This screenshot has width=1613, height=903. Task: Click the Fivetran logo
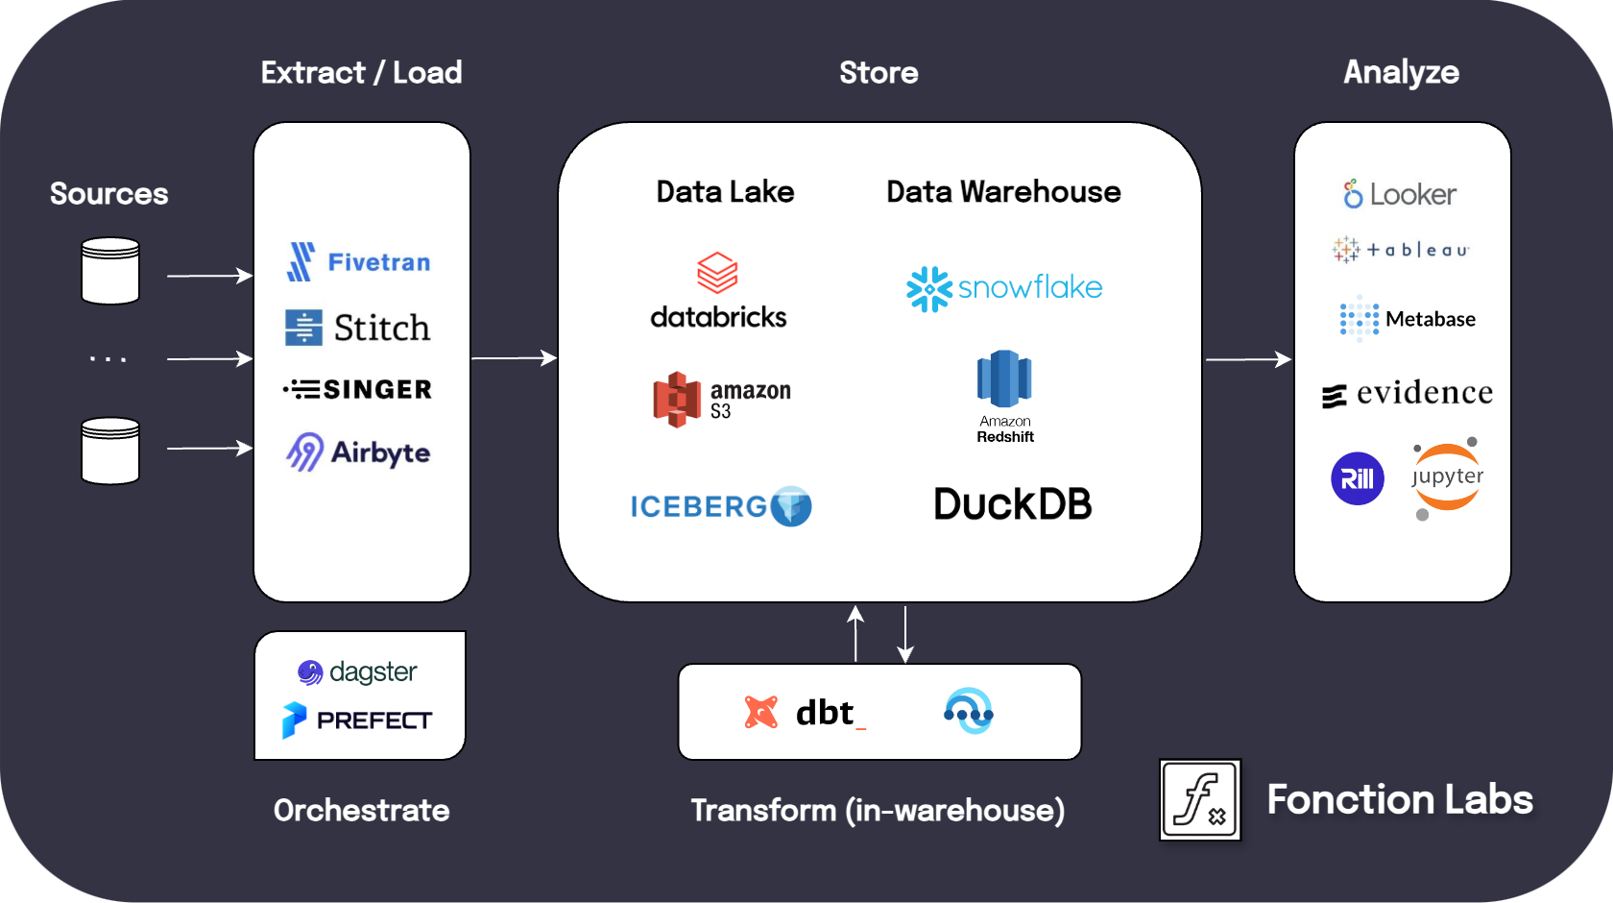tap(358, 261)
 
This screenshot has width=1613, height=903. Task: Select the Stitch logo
tap(357, 328)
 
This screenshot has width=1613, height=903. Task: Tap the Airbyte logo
tap(358, 452)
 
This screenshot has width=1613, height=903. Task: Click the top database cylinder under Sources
tap(110, 271)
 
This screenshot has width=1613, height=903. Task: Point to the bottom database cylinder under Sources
tap(110, 451)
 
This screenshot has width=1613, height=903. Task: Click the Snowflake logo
tap(1004, 288)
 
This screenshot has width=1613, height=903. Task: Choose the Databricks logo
tap(718, 291)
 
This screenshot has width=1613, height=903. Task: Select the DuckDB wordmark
tap(1012, 504)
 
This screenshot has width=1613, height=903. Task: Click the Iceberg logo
tap(720, 506)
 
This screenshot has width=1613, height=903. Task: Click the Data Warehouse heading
tap(1003, 192)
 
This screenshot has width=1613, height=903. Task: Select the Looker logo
tap(1400, 194)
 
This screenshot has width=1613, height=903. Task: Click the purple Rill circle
tap(1357, 478)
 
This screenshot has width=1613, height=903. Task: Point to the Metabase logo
tap(1408, 319)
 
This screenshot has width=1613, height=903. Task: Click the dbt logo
tap(805, 713)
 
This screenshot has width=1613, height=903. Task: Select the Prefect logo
tap(357, 720)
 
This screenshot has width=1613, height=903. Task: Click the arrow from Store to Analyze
tap(1248, 359)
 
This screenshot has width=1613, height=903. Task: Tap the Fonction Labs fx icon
tap(1200, 799)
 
